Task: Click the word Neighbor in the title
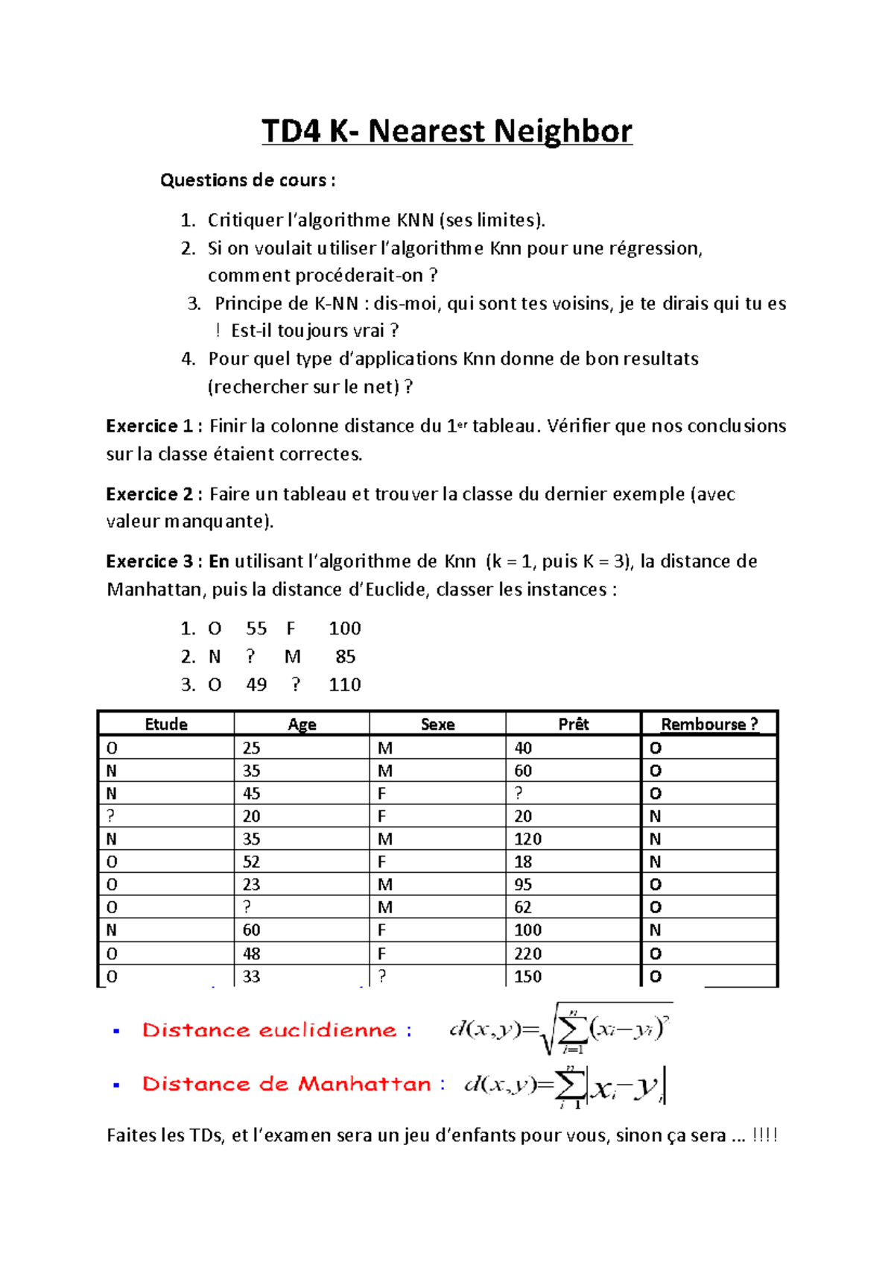562,131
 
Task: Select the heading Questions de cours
247,180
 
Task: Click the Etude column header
166,724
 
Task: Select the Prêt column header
573,724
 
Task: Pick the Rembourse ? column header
708,724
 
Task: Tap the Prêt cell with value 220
527,953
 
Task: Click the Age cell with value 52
251,862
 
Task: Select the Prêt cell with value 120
527,839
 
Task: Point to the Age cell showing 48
251,953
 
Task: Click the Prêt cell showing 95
523,885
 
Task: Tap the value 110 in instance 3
344,684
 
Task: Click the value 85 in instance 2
345,657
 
